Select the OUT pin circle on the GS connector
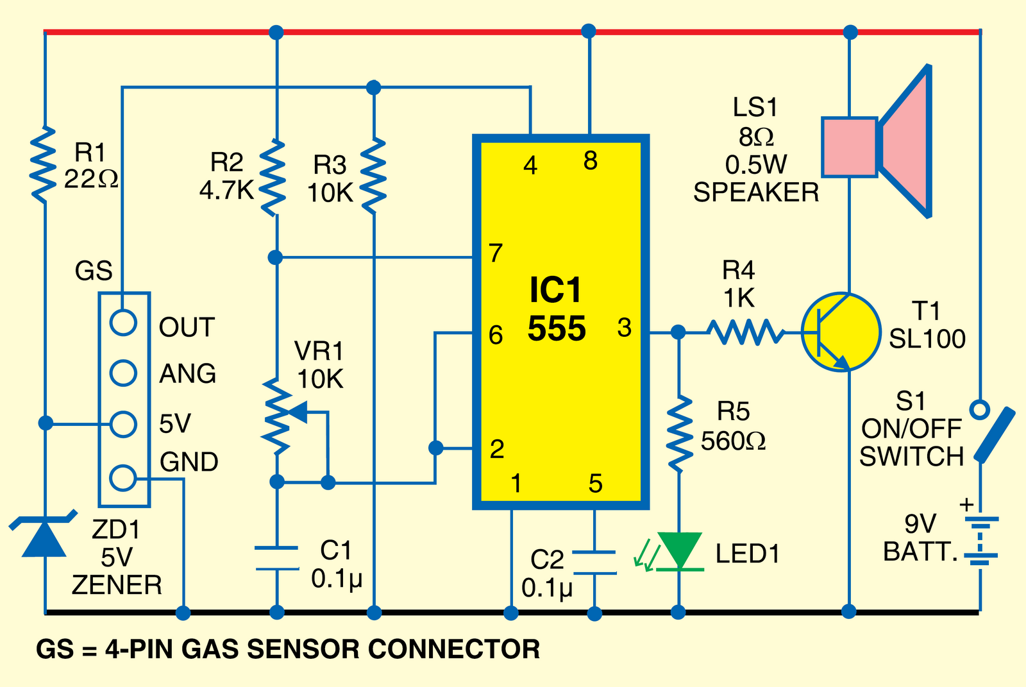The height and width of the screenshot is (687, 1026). coord(123,323)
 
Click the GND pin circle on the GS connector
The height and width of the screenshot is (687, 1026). coord(123,478)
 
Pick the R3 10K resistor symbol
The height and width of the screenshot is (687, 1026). coord(374,175)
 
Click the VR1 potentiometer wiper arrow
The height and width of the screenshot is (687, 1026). coord(301,412)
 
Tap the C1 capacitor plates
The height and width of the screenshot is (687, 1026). coord(276,558)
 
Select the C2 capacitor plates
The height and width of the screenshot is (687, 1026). coord(594,562)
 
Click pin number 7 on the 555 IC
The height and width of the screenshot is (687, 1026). coord(495,254)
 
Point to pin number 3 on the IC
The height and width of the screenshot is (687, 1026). coord(624,328)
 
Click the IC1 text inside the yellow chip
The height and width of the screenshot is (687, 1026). coord(555,291)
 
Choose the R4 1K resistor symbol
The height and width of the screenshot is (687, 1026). coord(746,332)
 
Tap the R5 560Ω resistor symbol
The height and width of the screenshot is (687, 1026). coord(679,434)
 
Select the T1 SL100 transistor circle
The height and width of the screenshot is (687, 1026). coord(841,332)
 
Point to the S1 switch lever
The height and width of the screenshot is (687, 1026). coord(995,434)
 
